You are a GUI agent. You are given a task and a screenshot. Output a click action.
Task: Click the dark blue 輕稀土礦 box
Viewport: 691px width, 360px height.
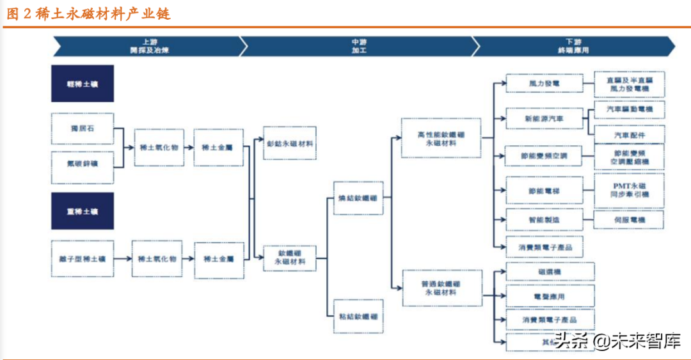[x=83, y=83]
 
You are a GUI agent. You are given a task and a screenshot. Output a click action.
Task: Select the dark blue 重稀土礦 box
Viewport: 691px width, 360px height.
[x=83, y=211]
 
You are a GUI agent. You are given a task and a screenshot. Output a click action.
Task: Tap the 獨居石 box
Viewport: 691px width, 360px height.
[x=83, y=129]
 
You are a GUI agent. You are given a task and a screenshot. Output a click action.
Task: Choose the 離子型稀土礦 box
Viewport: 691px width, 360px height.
[x=83, y=259]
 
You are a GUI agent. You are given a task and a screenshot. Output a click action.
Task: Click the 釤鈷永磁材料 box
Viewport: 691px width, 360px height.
[x=290, y=143]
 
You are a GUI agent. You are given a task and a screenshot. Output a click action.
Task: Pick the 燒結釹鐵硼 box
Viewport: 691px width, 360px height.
[x=358, y=198]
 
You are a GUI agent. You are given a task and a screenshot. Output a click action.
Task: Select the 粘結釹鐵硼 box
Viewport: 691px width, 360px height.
[x=358, y=316]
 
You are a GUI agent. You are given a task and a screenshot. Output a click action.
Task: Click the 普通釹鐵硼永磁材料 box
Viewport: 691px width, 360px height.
[x=441, y=288]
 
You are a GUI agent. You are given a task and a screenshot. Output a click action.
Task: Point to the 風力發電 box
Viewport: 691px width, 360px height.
[x=544, y=83]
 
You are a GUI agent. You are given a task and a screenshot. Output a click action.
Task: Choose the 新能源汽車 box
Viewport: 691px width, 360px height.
[x=544, y=119]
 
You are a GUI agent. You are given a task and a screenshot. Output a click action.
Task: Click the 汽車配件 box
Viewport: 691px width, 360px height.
[x=630, y=135]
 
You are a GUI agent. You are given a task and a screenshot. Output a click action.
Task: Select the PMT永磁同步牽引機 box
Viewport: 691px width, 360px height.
[x=630, y=190]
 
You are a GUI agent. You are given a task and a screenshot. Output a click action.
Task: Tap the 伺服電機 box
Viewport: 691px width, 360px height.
[x=630, y=220]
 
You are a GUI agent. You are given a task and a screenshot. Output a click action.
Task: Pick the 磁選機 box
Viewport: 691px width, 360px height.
[x=550, y=272]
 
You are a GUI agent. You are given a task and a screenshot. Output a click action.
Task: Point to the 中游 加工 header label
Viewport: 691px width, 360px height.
[x=359, y=45]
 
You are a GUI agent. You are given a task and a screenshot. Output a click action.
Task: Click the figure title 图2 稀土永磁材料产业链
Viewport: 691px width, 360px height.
[x=89, y=14]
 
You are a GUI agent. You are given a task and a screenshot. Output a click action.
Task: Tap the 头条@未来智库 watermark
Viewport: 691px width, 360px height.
[x=617, y=340]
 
